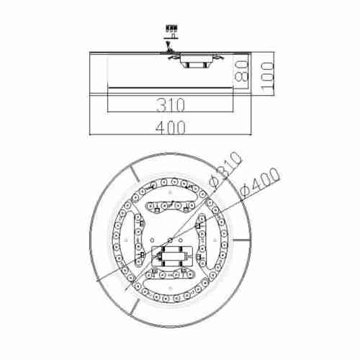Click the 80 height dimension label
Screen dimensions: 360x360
point(241,71)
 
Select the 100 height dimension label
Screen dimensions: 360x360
point(267,77)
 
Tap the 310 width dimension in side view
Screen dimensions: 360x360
point(171,104)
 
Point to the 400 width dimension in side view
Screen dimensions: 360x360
point(171,127)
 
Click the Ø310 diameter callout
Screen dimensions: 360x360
point(225,170)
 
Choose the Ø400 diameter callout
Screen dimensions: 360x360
point(260,182)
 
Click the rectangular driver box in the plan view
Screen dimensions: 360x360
point(172,256)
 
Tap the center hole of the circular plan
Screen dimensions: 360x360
point(170,240)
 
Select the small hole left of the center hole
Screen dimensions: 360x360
point(152,240)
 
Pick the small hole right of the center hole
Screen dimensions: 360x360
point(181,240)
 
